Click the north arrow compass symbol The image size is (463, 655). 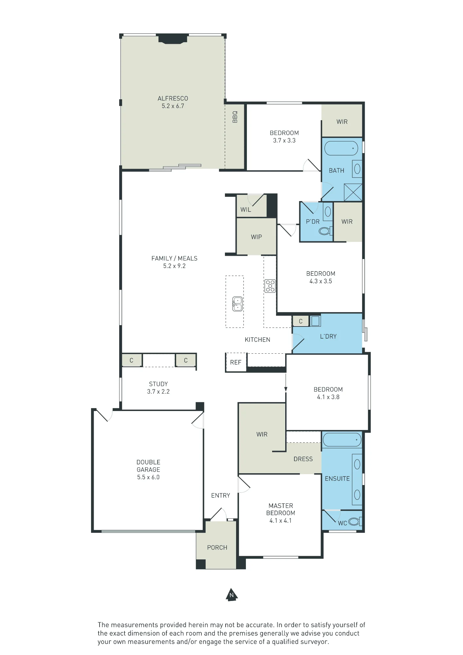click(232, 595)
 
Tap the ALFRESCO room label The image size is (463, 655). click(173, 98)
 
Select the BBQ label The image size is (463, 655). click(235, 117)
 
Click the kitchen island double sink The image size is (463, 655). click(237, 304)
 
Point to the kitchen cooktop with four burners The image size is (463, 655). click(270, 286)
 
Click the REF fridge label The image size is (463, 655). click(236, 362)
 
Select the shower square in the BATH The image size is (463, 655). click(353, 192)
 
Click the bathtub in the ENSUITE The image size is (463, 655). click(342, 440)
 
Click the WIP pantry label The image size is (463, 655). click(256, 237)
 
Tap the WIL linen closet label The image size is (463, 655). click(246, 210)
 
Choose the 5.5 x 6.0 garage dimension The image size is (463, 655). click(148, 477)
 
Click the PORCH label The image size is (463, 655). click(217, 548)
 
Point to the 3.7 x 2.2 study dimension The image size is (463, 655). click(158, 391)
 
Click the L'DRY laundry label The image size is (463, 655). click(328, 336)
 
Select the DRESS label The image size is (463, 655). click(303, 459)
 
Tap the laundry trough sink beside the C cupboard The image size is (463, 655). click(315, 321)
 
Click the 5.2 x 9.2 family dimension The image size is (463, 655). click(175, 266)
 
